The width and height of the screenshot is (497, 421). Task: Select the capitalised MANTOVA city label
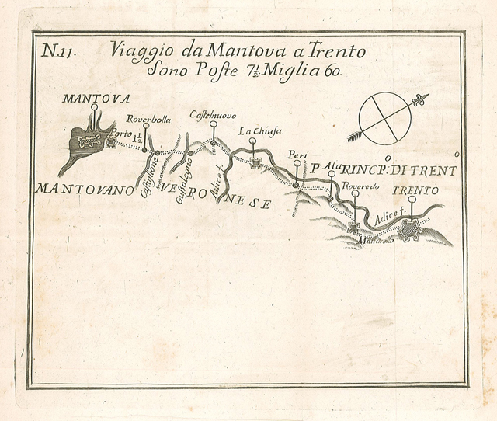92,99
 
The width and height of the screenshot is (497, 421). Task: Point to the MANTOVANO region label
80,189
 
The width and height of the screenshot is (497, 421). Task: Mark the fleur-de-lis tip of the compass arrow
422,99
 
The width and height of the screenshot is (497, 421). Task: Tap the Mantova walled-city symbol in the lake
89,141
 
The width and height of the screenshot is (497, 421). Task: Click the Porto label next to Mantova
122,134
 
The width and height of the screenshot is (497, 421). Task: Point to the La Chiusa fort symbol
256,165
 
